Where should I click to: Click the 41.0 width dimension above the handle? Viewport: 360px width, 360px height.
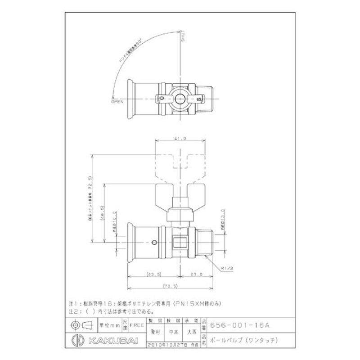coord(180,139)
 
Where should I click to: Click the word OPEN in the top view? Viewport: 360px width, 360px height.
coord(117,102)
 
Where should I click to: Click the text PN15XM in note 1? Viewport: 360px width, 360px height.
coord(186,304)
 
